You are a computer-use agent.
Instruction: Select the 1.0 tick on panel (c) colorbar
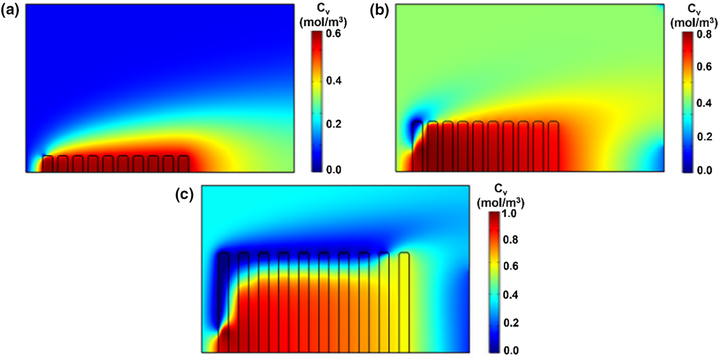click(x=511, y=214)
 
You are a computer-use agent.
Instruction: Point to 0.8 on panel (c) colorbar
click(x=511, y=240)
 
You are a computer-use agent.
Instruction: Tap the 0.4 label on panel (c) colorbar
click(x=511, y=295)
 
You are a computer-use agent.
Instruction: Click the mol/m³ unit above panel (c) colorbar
click(x=501, y=204)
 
